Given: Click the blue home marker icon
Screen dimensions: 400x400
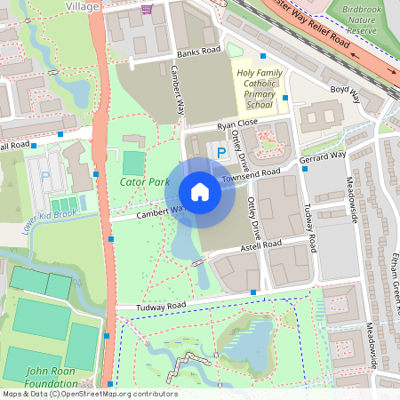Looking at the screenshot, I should [200, 192].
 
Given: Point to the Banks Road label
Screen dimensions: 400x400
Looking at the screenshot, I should [197, 52].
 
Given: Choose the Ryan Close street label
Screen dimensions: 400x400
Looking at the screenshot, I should [236, 124].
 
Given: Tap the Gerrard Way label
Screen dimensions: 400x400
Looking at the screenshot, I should [324, 156].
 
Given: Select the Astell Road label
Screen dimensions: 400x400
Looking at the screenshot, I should [260, 245].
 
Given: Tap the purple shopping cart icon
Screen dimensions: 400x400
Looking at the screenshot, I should [147, 8].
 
